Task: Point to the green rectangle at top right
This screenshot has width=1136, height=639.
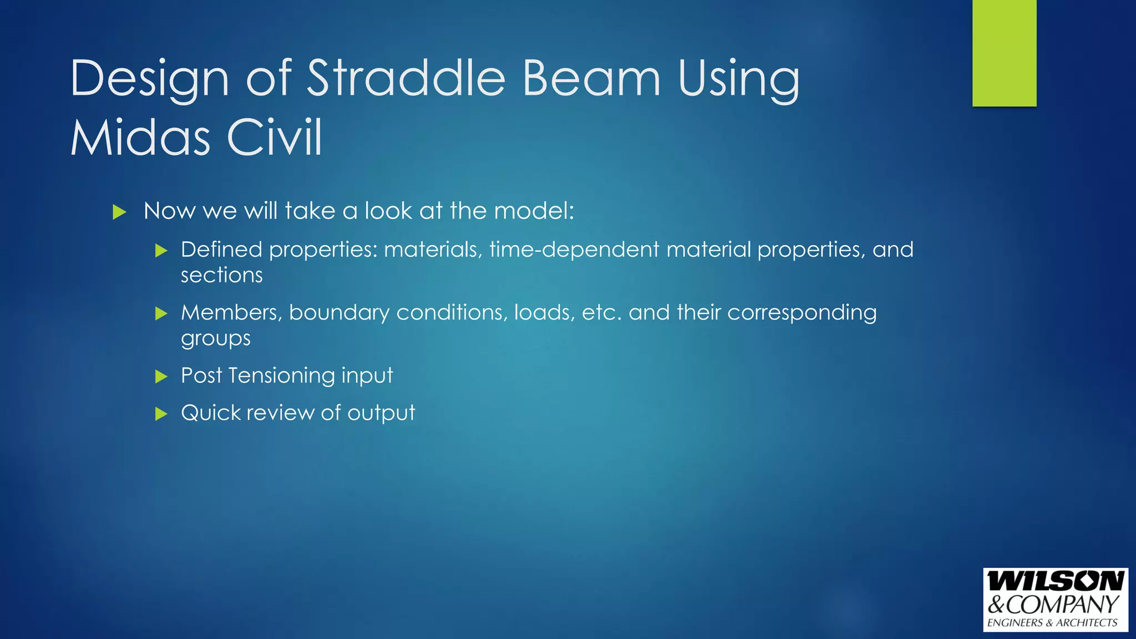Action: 1004,53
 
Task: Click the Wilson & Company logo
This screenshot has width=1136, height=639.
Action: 1055,600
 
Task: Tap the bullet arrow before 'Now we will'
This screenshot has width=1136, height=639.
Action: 119,212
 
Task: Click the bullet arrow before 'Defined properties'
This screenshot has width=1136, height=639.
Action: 161,251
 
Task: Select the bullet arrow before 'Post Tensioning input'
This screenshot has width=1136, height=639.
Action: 161,377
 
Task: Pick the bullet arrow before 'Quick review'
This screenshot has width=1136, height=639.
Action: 161,414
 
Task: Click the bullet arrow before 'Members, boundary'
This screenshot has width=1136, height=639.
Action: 161,314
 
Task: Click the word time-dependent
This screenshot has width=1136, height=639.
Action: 574,250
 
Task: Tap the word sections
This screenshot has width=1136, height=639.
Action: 221,276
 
